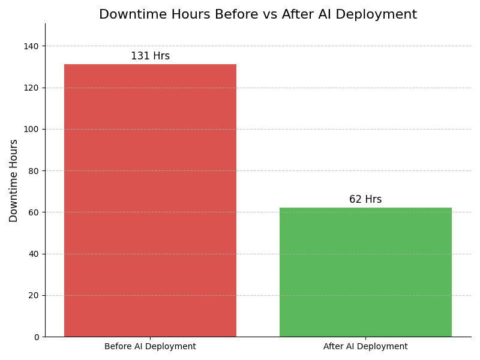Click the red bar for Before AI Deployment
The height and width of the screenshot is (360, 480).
[x=150, y=200]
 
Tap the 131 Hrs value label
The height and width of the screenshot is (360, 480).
[x=150, y=56]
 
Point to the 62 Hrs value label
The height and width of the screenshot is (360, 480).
[x=365, y=200]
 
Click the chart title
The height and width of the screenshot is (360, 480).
[x=258, y=15]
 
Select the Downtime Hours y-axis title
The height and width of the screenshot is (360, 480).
[x=14, y=181]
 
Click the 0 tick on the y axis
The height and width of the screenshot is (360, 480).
[x=35, y=337]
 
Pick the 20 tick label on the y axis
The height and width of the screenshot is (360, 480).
[x=33, y=296]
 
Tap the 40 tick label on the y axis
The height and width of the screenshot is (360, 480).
[x=33, y=254]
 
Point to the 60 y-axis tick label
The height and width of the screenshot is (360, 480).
[x=33, y=212]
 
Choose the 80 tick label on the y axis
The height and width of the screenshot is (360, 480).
[x=33, y=171]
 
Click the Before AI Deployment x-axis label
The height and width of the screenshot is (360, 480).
[x=150, y=347]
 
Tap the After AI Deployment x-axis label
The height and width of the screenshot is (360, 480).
[x=365, y=347]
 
